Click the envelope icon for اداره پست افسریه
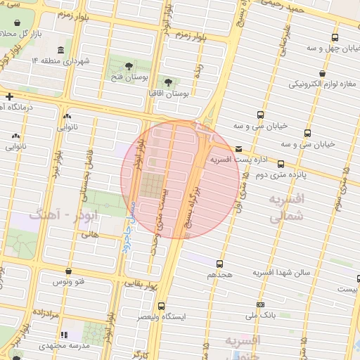[239, 149]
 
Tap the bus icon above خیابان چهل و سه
[333, 38]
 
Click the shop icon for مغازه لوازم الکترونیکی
[322, 73]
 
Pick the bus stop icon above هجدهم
[219, 263]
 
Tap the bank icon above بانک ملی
[261, 305]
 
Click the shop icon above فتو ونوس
[67, 271]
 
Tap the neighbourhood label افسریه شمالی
[287, 209]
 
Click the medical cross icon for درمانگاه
[9, 96]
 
